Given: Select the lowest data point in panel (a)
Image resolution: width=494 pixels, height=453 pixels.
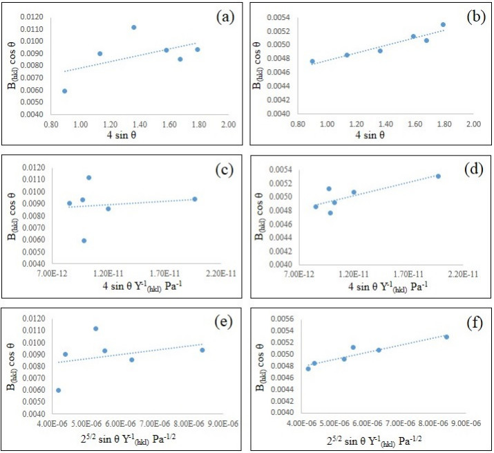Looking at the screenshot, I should (x=65, y=91).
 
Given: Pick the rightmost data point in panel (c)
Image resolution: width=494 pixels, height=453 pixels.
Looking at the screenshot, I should (x=195, y=199).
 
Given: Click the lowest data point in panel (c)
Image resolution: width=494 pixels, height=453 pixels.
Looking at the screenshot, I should (x=84, y=241).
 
